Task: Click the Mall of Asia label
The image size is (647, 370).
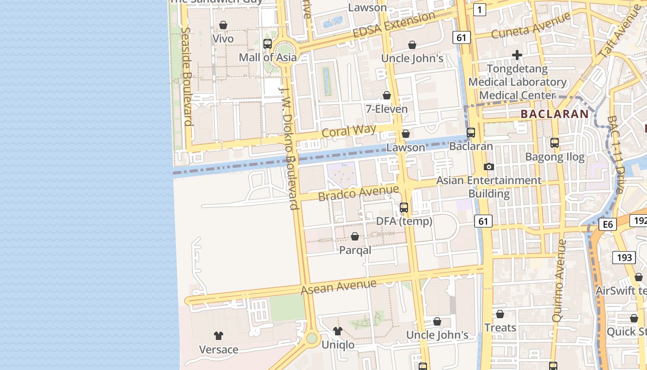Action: coord(268,57)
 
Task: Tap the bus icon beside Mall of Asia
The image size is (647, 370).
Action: coord(267,44)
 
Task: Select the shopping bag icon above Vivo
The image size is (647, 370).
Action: coord(223,25)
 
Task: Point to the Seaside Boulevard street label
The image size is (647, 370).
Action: coord(187,76)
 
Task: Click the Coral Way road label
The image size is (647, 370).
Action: coord(349,130)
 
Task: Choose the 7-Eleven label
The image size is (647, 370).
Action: coord(387,109)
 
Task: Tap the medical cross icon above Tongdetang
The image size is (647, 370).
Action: coord(517,55)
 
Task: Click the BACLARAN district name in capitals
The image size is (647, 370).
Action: coord(555,114)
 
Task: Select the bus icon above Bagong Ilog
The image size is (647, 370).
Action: coord(555,143)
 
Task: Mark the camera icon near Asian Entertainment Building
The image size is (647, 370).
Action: coord(488,166)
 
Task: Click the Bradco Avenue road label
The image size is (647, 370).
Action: coord(358,193)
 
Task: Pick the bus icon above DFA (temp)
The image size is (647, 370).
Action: coord(404,208)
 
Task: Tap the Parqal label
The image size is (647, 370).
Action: coord(355,250)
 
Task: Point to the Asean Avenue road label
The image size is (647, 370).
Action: coord(338,287)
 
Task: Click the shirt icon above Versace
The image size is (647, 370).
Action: coord(219,336)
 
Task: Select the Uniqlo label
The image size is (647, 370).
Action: coord(338,345)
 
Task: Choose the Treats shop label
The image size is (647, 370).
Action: coord(500,327)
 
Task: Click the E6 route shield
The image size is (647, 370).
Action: coord(608,225)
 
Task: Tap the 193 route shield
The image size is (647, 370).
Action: coord(624,257)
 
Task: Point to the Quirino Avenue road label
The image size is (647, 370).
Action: coord(559,280)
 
